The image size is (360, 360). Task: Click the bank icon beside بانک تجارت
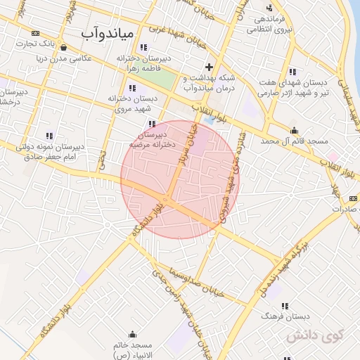click(35, 33)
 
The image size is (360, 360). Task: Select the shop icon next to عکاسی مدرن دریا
click(65, 48)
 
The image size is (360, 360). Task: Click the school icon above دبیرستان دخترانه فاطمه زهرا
click(143, 47)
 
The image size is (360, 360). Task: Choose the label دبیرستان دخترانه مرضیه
click(148, 137)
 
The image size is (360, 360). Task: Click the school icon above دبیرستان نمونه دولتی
click(49, 135)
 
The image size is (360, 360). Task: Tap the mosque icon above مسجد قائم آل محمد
click(294, 130)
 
